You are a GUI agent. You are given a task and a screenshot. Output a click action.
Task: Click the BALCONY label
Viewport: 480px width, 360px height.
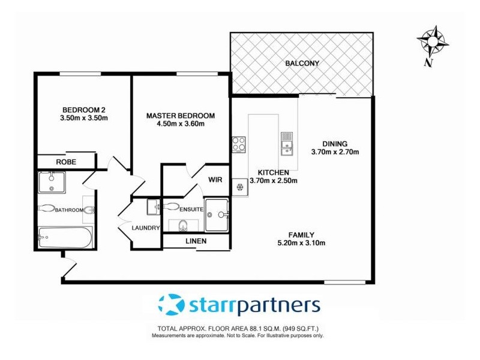302,63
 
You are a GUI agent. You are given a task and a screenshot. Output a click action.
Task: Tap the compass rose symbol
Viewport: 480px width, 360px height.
432,40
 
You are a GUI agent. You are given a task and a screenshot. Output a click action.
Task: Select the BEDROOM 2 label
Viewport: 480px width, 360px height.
84,109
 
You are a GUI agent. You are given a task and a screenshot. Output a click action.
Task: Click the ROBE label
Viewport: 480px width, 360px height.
65,162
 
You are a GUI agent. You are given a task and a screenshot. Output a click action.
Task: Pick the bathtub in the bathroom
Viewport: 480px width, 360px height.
65,238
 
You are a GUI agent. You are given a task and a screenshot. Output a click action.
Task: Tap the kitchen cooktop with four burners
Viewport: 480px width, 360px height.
239,144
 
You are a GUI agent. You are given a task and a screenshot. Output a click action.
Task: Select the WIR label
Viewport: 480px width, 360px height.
215,179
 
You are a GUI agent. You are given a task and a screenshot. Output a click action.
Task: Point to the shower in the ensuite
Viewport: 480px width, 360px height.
216,214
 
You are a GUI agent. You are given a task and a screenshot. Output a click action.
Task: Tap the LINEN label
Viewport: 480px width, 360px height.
196,241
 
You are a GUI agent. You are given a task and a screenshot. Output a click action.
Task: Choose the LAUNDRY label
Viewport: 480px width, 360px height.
146,228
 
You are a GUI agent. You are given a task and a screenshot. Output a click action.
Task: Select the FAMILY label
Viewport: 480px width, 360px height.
301,235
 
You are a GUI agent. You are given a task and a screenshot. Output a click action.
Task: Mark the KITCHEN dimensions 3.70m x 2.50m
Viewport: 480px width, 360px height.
274,180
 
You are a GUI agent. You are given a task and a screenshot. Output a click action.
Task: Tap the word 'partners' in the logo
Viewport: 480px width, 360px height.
278,305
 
